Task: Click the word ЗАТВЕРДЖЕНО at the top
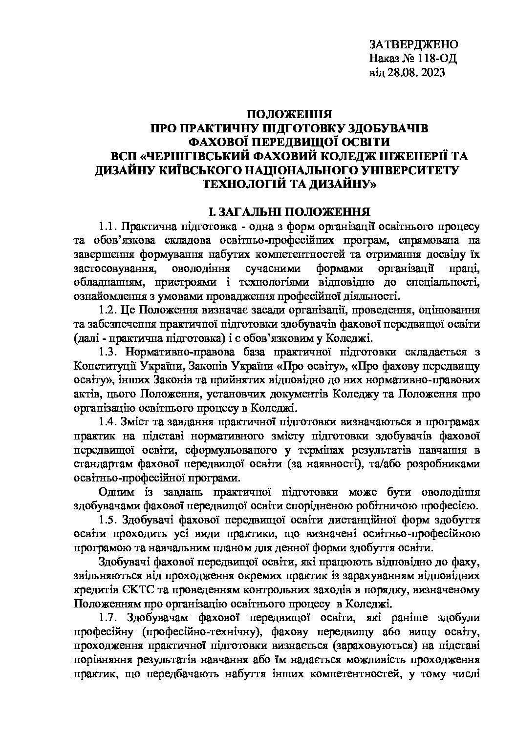coord(413,45)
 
